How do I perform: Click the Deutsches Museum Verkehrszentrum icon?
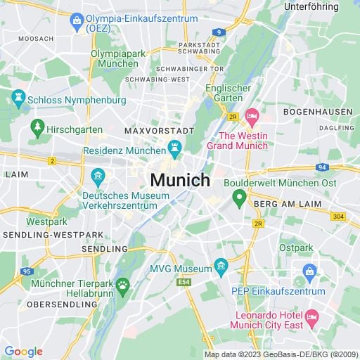98,174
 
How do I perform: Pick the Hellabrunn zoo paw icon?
123,285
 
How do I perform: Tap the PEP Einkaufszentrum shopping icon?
309,271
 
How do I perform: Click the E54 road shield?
185,282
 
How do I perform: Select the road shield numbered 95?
26,271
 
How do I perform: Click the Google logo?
23,352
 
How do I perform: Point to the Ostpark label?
295,248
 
